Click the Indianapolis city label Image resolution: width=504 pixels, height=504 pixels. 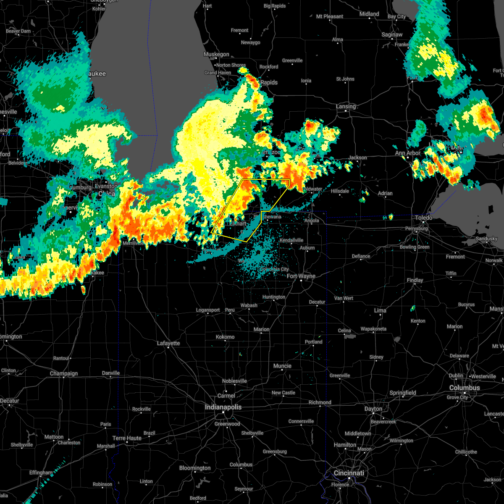pos(223,407)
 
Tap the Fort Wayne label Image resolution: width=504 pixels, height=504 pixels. pos(301,276)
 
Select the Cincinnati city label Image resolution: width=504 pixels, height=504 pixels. pos(349,473)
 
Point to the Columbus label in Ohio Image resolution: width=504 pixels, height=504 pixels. pos(464,388)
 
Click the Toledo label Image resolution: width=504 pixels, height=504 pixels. pos(424,218)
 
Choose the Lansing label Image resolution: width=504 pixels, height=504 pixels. pos(346,106)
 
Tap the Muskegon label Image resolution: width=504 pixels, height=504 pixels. pos(216,54)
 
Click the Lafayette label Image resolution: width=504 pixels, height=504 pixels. pos(168,343)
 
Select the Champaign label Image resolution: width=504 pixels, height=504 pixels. pos(64,373)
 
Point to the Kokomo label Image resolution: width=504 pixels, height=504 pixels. pos(225,337)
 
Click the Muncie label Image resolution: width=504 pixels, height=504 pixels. pos(282,366)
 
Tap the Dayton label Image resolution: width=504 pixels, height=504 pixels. pos(373,409)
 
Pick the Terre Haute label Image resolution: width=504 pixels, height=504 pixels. pos(127,438)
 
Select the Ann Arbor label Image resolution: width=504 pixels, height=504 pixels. pos(407,153)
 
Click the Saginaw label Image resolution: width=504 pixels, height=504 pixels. pos(392,34)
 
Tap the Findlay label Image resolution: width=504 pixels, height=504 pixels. pos(415,280)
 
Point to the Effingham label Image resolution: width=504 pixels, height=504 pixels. pos(41,472)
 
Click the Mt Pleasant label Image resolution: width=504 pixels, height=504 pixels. pos(330,16)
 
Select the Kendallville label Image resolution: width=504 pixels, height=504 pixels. pos(291,240)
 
